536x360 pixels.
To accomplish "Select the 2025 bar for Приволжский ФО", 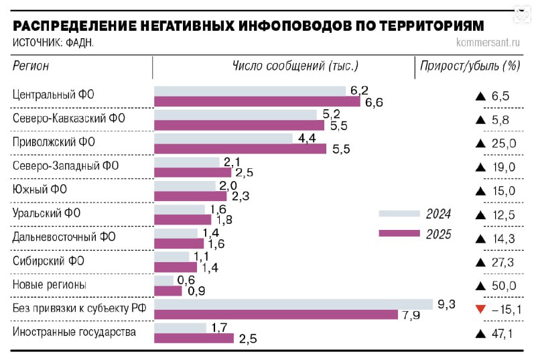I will click(x=241, y=149).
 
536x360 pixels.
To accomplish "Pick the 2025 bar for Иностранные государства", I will click(x=194, y=339).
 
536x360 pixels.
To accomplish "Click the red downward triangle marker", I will click(x=479, y=309).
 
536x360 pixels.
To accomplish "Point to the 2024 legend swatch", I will click(x=399, y=214).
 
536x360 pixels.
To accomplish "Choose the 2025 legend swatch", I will click(x=399, y=233).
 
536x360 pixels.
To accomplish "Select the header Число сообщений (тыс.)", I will click(x=295, y=66).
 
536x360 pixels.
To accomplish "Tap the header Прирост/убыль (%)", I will click(x=470, y=66).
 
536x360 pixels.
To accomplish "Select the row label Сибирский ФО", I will click(x=49, y=261).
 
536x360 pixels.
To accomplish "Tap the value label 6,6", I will click(x=373, y=102).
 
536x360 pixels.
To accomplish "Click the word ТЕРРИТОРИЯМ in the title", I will click(x=431, y=25).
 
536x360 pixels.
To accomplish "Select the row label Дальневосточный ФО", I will click(x=64, y=238).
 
